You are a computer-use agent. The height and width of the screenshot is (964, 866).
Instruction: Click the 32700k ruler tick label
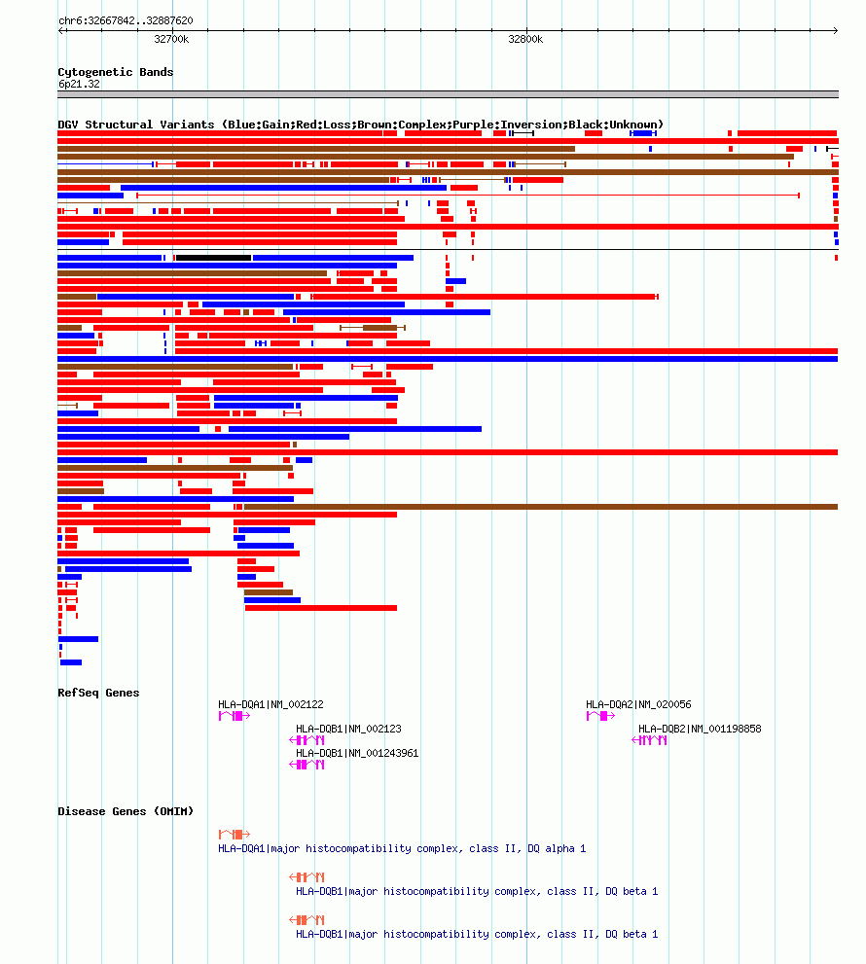pos(171,39)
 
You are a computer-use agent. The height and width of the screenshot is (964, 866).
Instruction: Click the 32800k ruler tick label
pos(525,39)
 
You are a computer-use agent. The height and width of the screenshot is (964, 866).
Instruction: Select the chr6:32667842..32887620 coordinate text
pos(126,20)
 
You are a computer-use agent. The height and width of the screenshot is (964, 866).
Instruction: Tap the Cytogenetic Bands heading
pos(115,72)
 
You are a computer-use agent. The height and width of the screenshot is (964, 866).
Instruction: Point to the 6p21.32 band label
pos(79,84)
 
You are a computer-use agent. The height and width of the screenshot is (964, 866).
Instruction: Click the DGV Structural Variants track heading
pos(360,125)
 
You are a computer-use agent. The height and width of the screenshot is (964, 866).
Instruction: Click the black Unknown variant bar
pos(213,258)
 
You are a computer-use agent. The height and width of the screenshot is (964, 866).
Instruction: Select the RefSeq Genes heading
pos(98,693)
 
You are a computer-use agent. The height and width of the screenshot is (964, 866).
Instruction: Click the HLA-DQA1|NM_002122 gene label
pos(271,704)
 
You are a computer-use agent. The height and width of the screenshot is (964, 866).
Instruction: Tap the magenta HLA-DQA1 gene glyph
pos(235,716)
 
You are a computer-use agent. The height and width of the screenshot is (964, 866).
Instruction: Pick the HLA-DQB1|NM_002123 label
pos(348,729)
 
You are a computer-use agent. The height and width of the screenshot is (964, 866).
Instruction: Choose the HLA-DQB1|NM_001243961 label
pos(357,753)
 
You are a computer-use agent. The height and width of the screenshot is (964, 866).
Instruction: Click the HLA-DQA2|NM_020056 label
pos(638,704)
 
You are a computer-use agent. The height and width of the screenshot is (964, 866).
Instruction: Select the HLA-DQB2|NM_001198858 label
pos(700,729)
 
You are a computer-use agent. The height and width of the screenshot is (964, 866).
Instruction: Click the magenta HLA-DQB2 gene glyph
pos(650,740)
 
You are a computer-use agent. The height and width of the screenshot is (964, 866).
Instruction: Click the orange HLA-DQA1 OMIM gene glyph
pos(235,835)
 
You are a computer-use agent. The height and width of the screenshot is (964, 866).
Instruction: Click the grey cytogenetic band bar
pos(448,94)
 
